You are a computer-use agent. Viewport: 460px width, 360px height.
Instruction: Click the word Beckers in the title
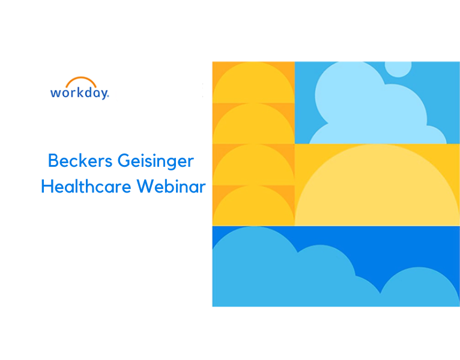pos(80,161)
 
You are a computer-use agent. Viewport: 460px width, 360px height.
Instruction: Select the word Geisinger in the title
pos(156,161)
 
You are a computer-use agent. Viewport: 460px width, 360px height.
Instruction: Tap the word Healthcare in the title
pos(86,186)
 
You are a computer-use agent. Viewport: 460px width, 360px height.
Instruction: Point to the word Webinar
pos(171,186)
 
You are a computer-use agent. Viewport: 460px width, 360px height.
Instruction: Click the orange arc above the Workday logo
pos(80,78)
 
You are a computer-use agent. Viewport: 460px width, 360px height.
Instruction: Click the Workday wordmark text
pos(80,93)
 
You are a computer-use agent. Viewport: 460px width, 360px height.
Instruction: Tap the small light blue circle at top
pos(398,70)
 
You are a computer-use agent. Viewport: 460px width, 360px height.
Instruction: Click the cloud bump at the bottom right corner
pos(420,289)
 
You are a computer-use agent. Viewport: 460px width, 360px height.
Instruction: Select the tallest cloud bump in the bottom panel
pos(252,264)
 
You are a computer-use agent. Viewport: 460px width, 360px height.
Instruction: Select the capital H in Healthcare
pos(47,186)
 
